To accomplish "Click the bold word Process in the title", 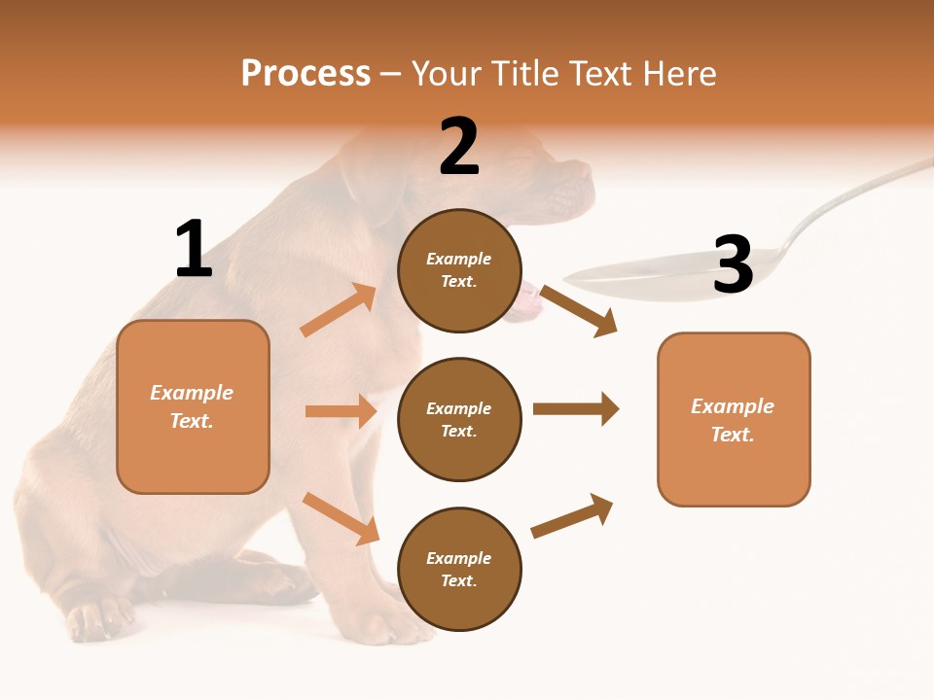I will click(305, 74).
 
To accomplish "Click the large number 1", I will click(194, 249).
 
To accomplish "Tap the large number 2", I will click(459, 147).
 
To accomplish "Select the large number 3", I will click(733, 264).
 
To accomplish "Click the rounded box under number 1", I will click(193, 406).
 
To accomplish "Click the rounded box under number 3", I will click(734, 420).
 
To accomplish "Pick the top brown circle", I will click(459, 270).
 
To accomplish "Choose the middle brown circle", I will click(459, 420).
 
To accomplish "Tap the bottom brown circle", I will click(459, 570).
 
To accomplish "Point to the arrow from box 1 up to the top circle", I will click(339, 310).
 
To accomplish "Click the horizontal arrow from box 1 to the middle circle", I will click(341, 411).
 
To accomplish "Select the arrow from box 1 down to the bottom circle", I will click(341, 518).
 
